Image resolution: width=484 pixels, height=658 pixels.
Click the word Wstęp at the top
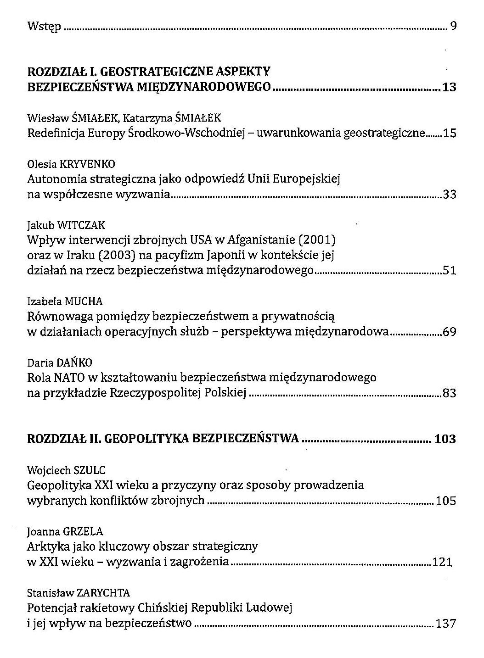tap(44, 27)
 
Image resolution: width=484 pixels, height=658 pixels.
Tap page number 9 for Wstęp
tap(452, 26)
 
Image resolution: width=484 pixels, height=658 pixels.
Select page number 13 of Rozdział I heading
tap(449, 87)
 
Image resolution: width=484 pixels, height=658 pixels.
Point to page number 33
tap(449, 195)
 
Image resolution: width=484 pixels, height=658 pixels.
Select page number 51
tap(449, 271)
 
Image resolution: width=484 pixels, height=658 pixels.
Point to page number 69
tap(449, 332)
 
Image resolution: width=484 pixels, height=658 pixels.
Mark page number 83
tap(449, 393)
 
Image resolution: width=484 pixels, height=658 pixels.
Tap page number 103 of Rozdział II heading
tap(445, 439)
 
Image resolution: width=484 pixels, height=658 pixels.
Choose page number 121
tap(443, 562)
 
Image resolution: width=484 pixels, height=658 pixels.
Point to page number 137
tap(446, 624)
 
